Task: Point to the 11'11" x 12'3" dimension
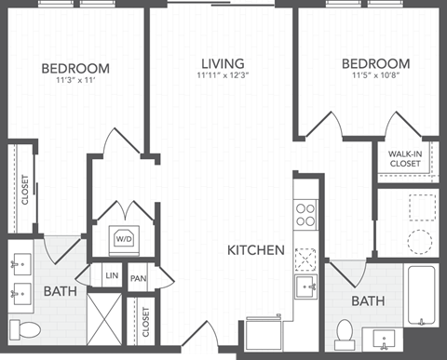click(x=223, y=77)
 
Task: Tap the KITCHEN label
click(x=256, y=249)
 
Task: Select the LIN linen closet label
click(x=112, y=276)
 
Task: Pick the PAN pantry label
click(x=139, y=278)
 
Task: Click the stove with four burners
click(x=306, y=216)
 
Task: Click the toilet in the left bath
click(x=28, y=328)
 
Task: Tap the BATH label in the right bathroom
click(x=368, y=301)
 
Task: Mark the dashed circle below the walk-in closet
click(x=421, y=242)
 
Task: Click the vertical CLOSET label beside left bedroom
click(x=25, y=191)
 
